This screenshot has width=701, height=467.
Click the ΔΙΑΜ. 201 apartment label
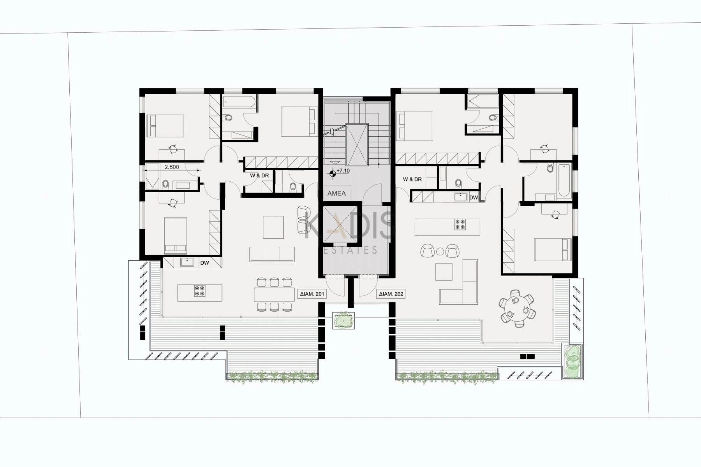pos(312,294)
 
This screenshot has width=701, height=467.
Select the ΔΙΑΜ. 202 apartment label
pos(391,294)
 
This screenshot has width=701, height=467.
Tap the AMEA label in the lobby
pos(336,193)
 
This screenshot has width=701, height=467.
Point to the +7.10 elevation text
pos(343,171)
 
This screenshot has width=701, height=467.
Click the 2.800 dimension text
pos(172,167)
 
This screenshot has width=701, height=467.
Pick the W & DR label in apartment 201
pos(259,176)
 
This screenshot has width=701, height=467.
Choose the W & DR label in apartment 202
pos(412,179)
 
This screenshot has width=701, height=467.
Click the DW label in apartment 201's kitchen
pos(204,263)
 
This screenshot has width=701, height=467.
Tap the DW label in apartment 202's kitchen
pos(474,198)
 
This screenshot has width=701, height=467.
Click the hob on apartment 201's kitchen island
pos(200,291)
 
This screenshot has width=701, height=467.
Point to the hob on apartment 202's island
pos(460,225)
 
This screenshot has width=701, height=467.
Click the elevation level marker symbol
pos(333,174)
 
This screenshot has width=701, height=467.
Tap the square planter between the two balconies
pos(343,321)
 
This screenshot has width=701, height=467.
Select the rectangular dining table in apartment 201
pos(274,295)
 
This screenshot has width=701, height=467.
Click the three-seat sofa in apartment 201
pos(272,254)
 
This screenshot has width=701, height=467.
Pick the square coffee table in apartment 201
pos(273,227)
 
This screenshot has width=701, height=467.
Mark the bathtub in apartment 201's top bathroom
pos(239,102)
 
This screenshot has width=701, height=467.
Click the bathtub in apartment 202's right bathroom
pos(564,181)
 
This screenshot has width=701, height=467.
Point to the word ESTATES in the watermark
pos(350,250)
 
